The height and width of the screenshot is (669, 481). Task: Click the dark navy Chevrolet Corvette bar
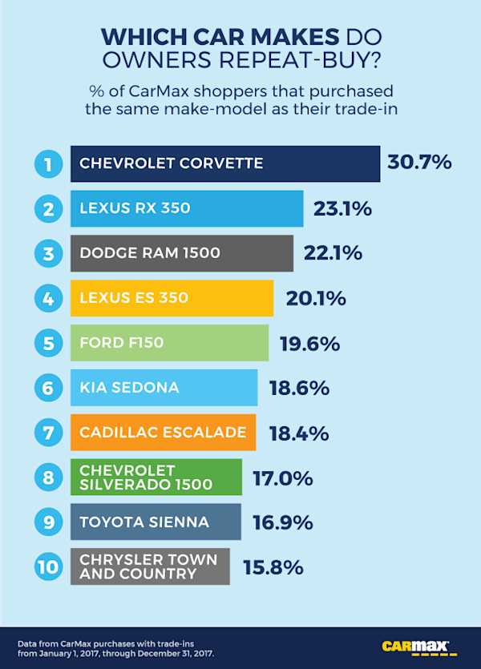[x=224, y=164]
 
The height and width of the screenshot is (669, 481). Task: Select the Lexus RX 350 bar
[x=187, y=209]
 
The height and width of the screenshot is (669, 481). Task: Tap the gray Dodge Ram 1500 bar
[x=182, y=254]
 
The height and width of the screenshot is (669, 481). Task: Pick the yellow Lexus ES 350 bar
[x=172, y=298]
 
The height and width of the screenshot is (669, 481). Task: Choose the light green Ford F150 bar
[x=169, y=343]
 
